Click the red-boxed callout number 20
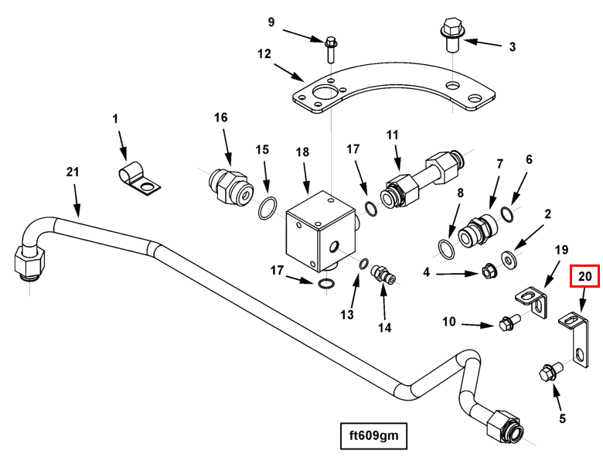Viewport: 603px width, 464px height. (584, 275)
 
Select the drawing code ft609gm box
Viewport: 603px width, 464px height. (374, 436)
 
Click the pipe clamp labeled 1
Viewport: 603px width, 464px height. (139, 177)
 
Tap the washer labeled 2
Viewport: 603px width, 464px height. (509, 256)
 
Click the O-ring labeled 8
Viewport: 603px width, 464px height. (448, 248)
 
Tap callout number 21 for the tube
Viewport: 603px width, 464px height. (72, 172)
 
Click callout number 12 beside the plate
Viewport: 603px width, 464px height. (264, 54)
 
